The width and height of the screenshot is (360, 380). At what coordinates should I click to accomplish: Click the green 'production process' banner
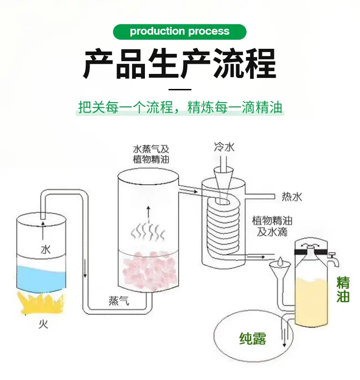pos(180,32)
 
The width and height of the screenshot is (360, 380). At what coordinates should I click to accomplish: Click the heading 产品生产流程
pos(180,64)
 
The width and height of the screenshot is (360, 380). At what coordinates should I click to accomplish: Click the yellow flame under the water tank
pos(41,302)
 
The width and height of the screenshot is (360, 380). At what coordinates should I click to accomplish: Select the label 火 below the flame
pos(44,324)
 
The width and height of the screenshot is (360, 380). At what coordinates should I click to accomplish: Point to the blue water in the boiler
pos(41,278)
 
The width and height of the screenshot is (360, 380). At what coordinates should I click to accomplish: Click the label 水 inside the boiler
pos(46,250)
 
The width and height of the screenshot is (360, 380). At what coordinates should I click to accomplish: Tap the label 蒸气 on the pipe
pos(118,301)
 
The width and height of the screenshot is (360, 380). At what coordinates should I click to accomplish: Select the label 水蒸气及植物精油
pos(151,154)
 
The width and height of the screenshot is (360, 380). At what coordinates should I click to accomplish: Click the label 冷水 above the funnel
pos(224,147)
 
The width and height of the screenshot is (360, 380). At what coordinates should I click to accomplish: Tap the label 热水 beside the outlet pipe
pos(292,197)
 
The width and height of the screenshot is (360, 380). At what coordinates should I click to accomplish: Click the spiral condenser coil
pos(223,227)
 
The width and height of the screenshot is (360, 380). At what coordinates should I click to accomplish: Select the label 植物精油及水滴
pos(272,226)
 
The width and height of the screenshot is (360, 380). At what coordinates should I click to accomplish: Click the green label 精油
pos(343,290)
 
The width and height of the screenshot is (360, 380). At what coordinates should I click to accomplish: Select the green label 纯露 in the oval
pos(252,338)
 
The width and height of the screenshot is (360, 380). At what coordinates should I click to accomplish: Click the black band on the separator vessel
pos(311,252)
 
